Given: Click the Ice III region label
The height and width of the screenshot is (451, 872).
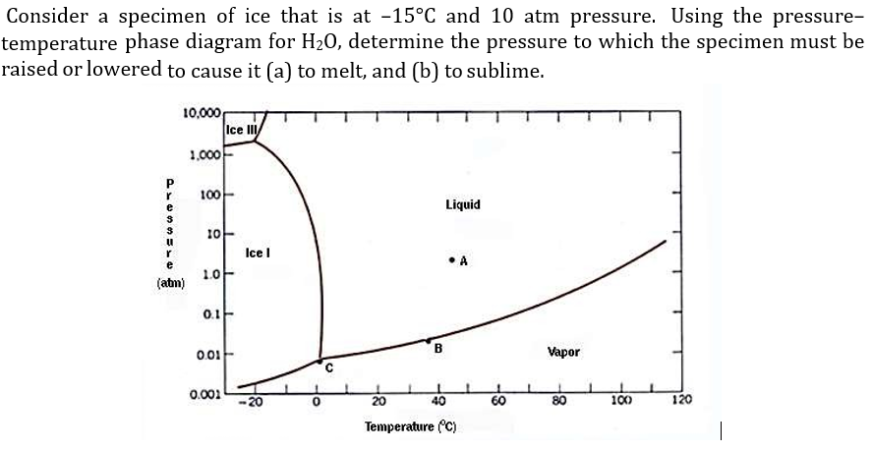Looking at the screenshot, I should tap(240, 130).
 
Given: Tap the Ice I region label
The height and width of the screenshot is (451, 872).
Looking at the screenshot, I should tap(259, 253).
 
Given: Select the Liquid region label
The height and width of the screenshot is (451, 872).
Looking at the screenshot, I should tap(462, 204).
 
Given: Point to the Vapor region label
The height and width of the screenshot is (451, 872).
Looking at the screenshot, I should tap(563, 351).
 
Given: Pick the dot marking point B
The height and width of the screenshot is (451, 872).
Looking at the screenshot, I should tap(428, 340).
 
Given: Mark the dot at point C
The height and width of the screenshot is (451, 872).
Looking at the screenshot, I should tap(320, 361).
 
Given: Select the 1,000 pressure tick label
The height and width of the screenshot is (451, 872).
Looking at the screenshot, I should tap(204, 156).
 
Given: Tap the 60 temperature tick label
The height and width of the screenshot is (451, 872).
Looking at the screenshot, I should tap(498, 401).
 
